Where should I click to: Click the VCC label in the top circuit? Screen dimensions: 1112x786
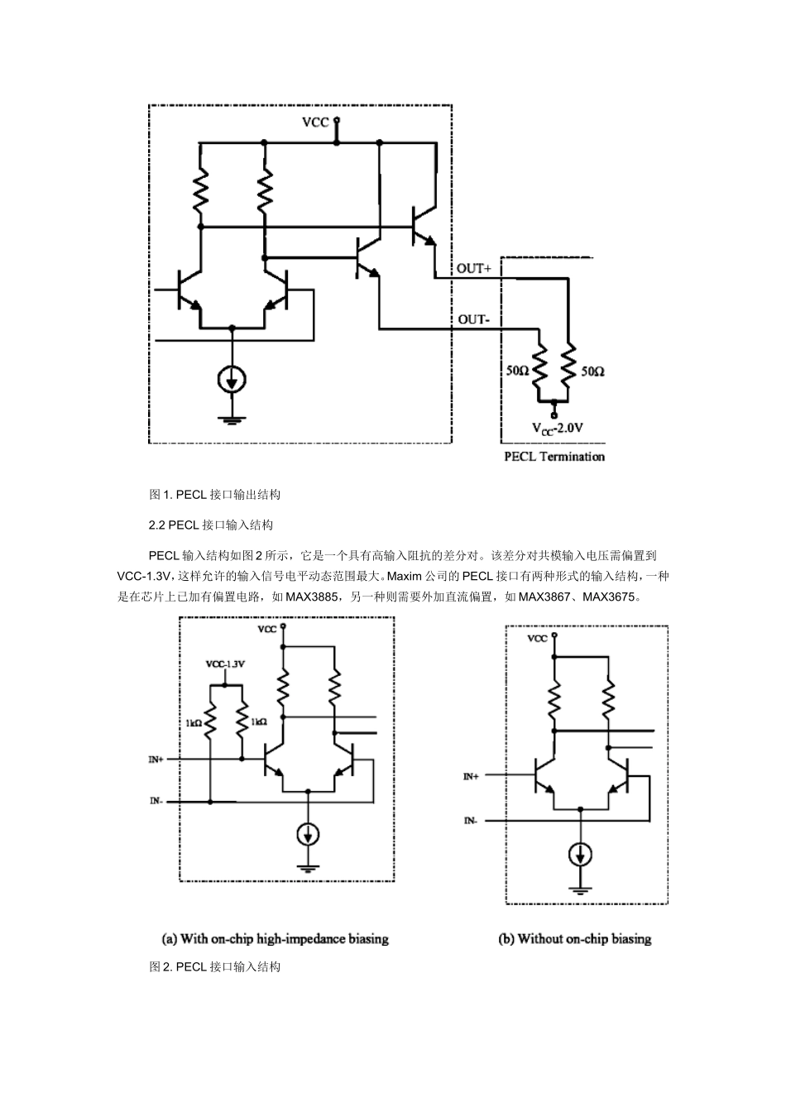tap(315, 122)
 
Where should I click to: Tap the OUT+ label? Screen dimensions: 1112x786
tap(474, 269)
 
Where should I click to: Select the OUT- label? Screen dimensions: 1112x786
tap(473, 319)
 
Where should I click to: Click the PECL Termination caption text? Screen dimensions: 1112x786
tap(554, 457)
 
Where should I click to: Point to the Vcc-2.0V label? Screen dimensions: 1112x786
tap(558, 429)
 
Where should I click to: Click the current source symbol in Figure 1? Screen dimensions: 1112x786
tap(232, 380)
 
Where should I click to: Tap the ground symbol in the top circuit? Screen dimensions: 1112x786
tap(232, 420)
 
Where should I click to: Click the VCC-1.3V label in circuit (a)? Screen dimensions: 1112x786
tap(224, 664)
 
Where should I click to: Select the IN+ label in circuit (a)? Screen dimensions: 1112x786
tap(156, 759)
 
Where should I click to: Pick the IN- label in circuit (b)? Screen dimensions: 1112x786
tap(470, 821)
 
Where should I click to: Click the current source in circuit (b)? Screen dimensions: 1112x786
tap(582, 854)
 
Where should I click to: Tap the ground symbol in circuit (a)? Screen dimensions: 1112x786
tap(308, 867)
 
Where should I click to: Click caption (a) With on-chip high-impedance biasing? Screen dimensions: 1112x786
tap(275, 939)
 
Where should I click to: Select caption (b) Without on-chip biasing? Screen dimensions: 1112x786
tap(575, 939)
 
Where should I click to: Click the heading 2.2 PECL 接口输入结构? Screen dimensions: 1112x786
tap(210, 525)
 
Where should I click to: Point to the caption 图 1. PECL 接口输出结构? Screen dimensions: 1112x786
tap(215, 495)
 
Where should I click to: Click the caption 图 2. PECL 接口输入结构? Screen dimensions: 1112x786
tap(215, 966)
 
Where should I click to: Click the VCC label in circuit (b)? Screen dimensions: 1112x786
tap(537, 639)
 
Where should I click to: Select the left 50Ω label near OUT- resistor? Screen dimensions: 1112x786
tap(518, 371)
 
